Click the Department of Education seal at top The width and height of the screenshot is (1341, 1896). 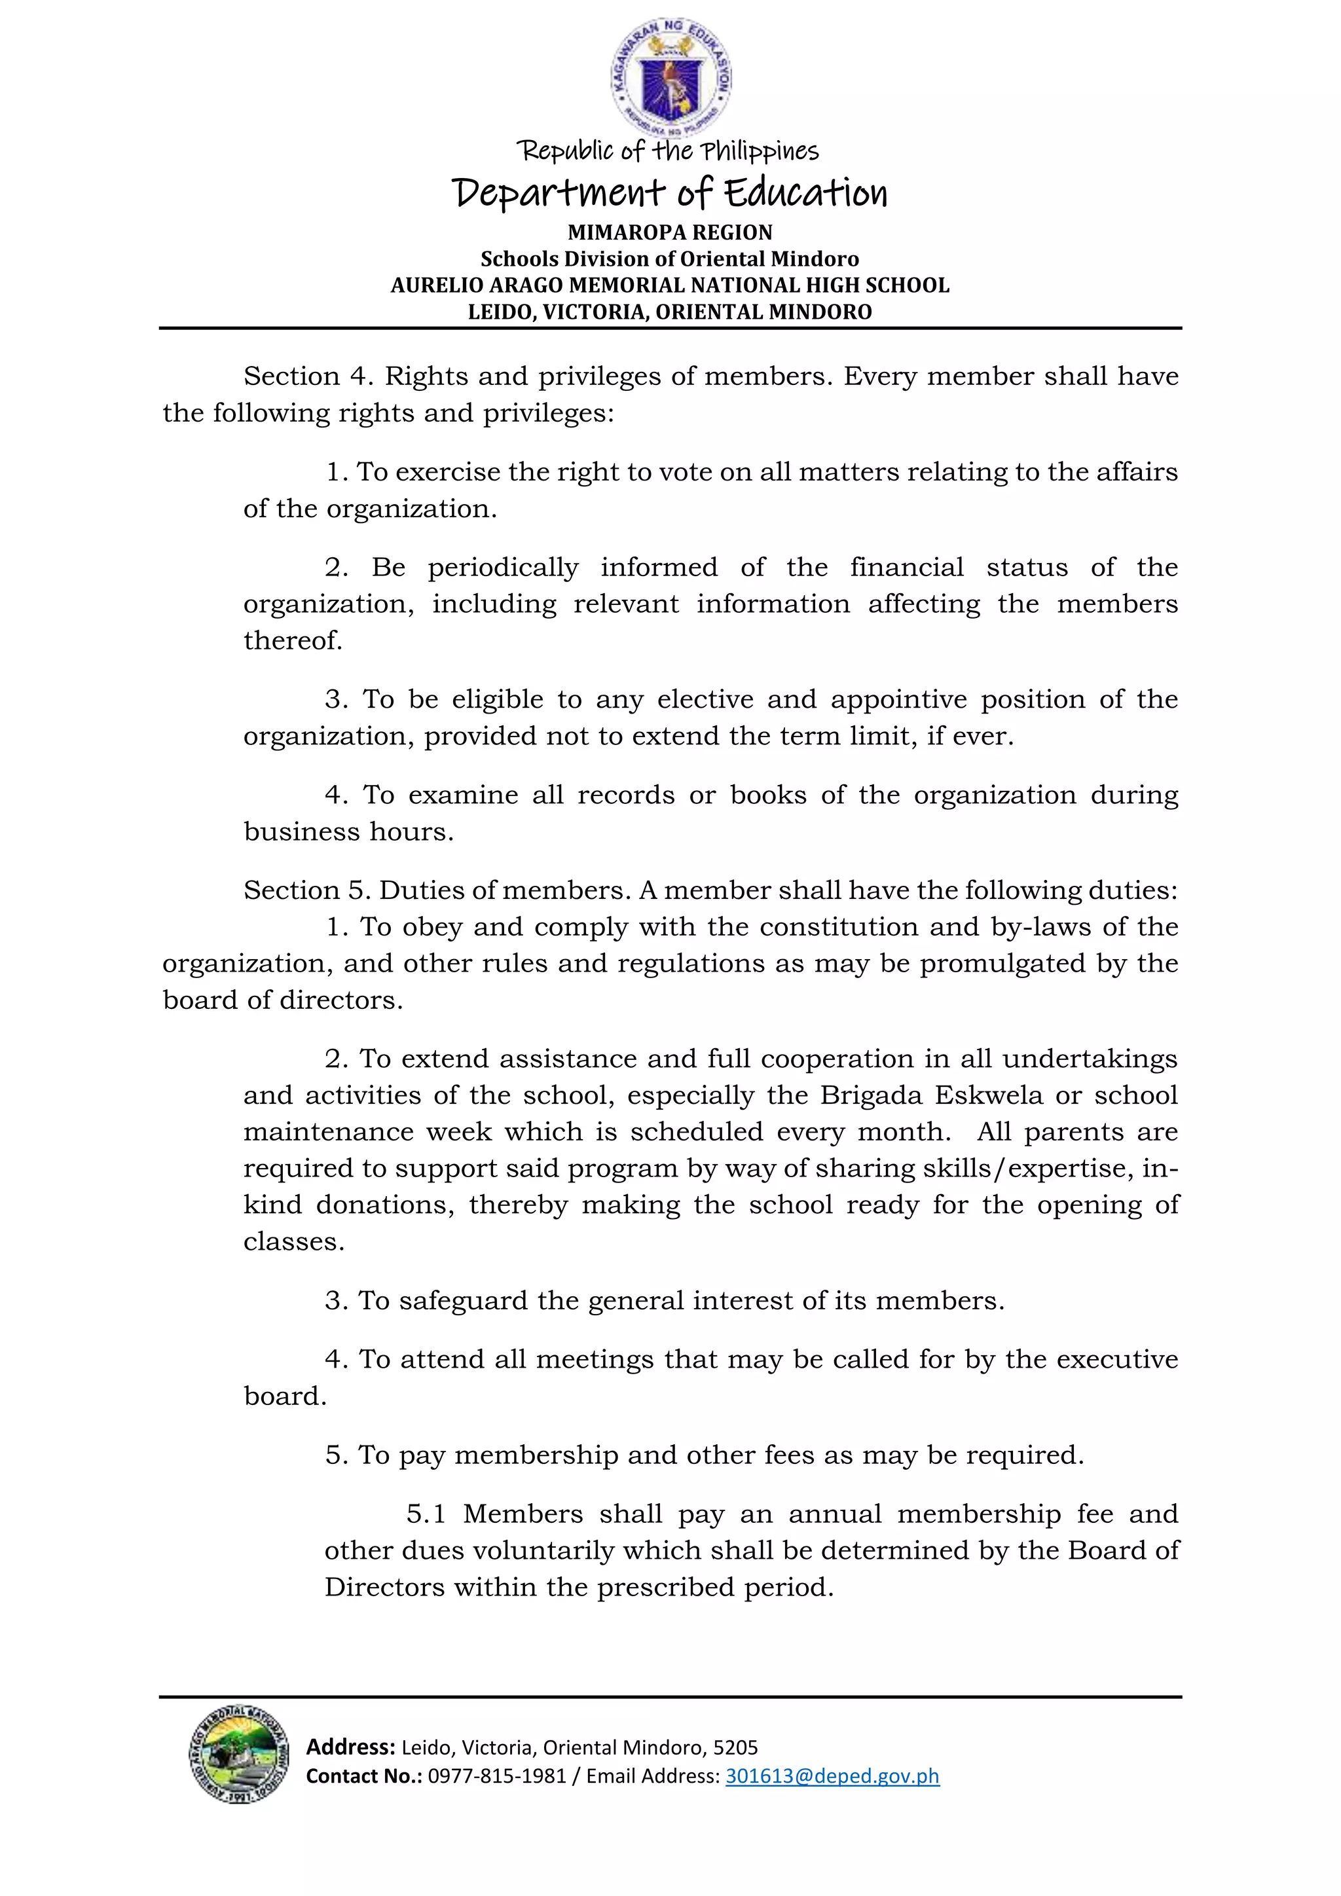click(670, 79)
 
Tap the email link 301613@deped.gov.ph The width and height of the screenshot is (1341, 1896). click(832, 1776)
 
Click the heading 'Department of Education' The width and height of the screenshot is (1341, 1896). click(670, 193)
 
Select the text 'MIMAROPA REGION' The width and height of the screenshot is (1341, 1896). click(670, 233)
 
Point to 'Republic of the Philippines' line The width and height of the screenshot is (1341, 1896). click(667, 151)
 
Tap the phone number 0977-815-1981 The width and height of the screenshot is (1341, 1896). click(496, 1776)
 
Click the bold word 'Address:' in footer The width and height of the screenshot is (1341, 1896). click(350, 1747)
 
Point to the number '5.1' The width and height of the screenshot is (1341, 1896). click(426, 1514)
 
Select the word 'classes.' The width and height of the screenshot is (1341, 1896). click(294, 1241)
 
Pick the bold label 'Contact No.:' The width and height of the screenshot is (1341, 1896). click(363, 1776)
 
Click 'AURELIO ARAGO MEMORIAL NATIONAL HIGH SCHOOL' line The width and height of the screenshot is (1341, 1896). click(670, 285)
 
